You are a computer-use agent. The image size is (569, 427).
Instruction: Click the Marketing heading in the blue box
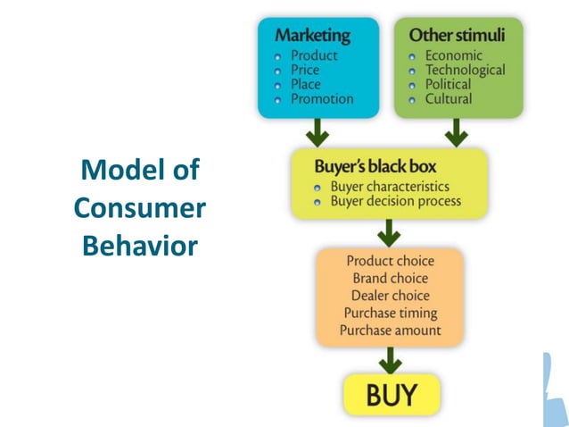(x=312, y=36)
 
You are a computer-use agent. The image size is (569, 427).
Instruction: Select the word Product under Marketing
(x=313, y=55)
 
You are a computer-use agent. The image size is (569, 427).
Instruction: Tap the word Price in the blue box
(x=305, y=70)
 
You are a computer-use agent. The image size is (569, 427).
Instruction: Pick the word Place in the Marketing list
(x=305, y=84)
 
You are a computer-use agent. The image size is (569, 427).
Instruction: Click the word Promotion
(x=322, y=98)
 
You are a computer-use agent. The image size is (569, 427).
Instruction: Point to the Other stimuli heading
(x=457, y=36)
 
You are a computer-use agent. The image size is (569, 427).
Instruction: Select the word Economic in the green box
(x=454, y=55)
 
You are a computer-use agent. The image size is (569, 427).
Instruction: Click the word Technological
(x=465, y=70)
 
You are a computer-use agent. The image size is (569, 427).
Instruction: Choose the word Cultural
(x=449, y=98)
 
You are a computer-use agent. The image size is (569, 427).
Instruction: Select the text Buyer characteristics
(x=390, y=187)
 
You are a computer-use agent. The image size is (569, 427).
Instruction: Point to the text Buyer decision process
(x=396, y=201)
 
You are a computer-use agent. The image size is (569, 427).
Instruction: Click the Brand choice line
(x=390, y=279)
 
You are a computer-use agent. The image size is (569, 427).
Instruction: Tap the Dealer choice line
(x=390, y=296)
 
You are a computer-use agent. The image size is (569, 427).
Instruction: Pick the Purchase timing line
(x=390, y=313)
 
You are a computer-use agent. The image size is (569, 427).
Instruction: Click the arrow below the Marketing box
(x=317, y=133)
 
